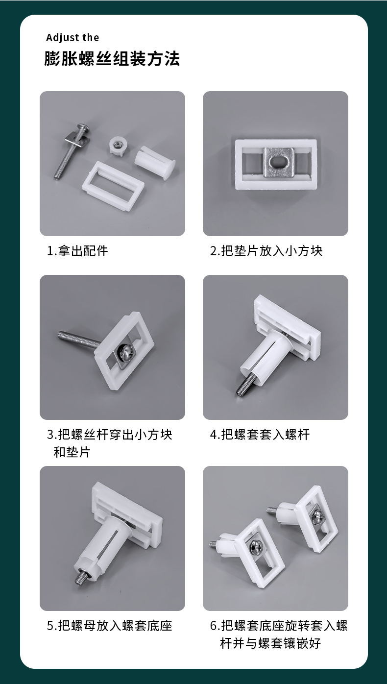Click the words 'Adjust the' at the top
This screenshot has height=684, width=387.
[x=73, y=38]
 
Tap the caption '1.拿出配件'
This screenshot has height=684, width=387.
[x=77, y=251]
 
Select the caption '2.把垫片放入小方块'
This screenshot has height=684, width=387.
[x=266, y=251]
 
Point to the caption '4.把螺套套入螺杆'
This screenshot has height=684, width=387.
[x=260, y=434]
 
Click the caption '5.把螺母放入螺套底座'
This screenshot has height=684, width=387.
[x=110, y=626]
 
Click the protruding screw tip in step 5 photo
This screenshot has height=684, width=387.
[x=81, y=579]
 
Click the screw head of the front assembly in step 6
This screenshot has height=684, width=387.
[x=257, y=549]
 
